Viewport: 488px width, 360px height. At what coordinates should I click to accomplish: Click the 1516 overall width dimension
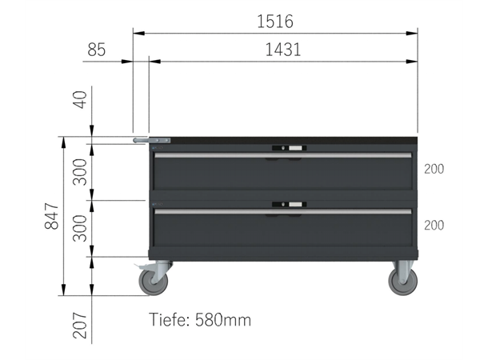coord(275,22)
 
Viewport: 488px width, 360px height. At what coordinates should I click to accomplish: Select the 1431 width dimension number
coord(283,50)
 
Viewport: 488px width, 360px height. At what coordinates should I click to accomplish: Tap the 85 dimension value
coord(97,50)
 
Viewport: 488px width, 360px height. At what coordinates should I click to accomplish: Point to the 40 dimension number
coord(80,99)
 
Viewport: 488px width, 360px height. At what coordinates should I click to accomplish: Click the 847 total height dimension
coord(52,216)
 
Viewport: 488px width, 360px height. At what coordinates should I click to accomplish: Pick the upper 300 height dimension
coord(80,172)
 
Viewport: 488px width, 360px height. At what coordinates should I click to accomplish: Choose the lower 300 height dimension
coord(80,228)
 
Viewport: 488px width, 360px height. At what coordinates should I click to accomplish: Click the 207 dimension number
coord(80,325)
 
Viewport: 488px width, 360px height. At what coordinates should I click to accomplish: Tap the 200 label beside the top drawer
coord(434,169)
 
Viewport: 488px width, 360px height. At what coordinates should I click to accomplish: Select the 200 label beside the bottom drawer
coord(434,226)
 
